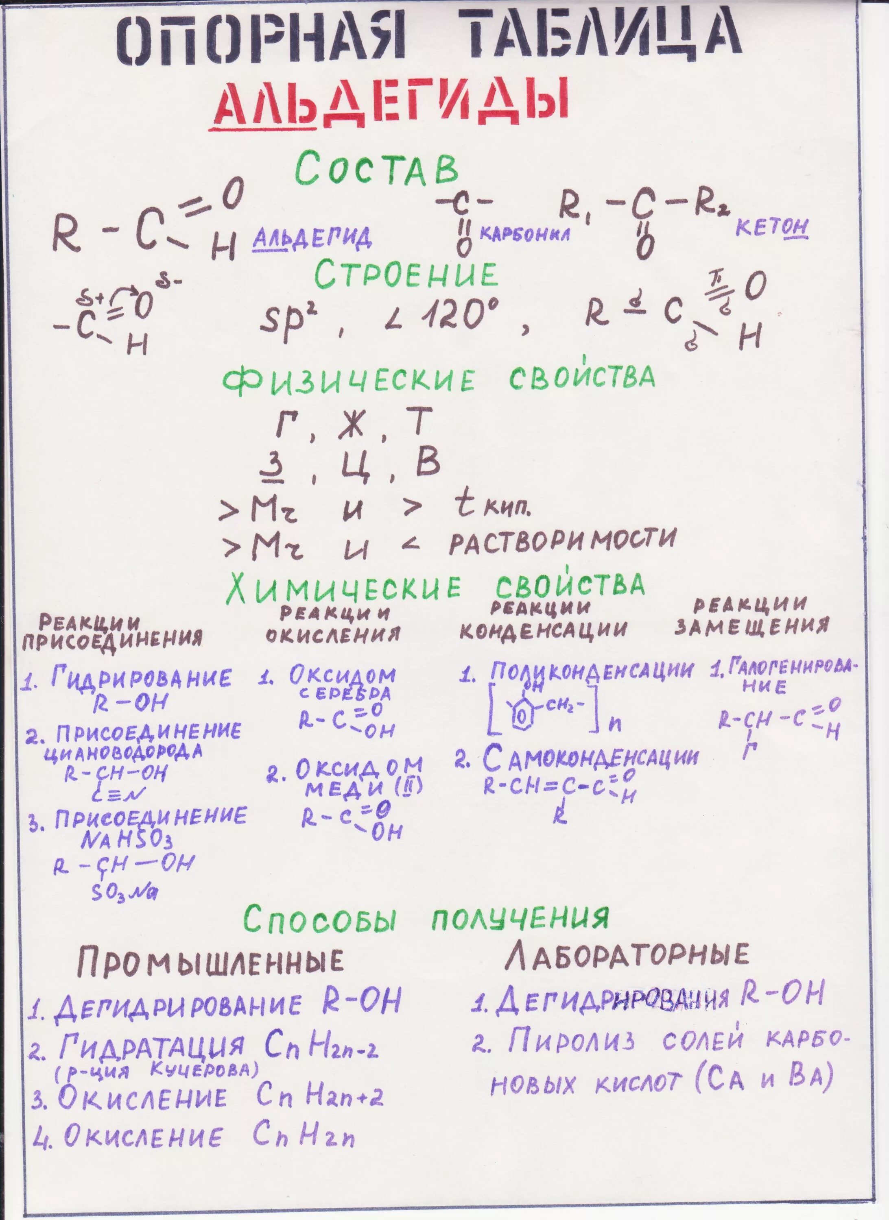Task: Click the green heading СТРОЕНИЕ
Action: pos(406,275)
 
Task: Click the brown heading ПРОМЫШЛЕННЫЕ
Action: pos(210,961)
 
